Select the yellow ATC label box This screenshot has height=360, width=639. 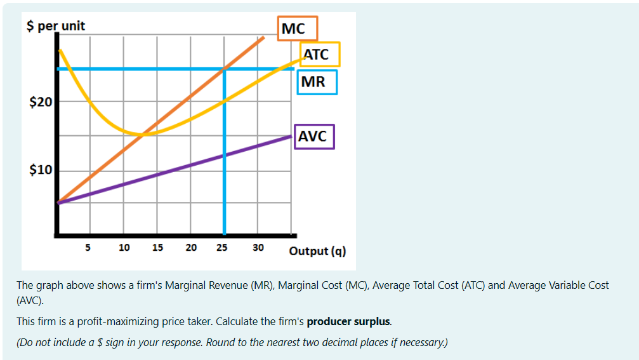click(320, 55)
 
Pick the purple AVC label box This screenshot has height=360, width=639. click(314, 136)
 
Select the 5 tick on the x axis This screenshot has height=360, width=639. click(89, 247)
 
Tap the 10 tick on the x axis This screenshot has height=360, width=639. click(124, 247)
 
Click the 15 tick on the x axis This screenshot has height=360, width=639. click(157, 247)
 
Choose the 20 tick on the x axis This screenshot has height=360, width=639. click(191, 247)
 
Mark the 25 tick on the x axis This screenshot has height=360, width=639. click(223, 247)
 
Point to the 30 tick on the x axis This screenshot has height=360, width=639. click(258, 247)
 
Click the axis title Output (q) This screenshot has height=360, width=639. click(317, 251)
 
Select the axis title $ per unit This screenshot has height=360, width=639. click(56, 26)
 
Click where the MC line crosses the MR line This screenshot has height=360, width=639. click(224, 69)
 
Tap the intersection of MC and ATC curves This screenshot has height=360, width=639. click(145, 134)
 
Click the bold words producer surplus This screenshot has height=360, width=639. click(348, 321)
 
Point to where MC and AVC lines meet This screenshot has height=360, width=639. click(58, 202)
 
